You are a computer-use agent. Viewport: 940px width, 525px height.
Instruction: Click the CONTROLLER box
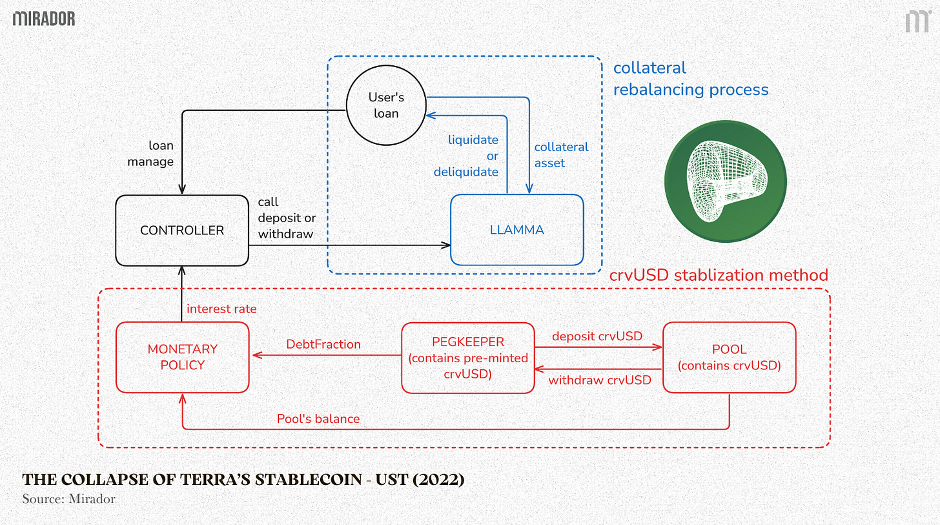tap(182, 230)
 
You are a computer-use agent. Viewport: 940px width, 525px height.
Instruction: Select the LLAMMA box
tap(516, 230)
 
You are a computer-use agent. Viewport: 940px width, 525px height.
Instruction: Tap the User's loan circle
tap(386, 105)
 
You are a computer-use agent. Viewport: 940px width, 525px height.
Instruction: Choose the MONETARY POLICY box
tap(182, 357)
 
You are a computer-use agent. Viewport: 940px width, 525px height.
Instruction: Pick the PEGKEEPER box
tap(468, 357)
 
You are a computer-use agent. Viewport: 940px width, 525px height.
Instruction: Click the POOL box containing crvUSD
tap(729, 357)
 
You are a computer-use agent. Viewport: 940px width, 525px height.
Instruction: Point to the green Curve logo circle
tap(726, 181)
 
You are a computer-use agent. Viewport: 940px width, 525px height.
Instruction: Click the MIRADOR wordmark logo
tap(44, 19)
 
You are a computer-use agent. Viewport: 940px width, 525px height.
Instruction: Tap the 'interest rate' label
tap(221, 309)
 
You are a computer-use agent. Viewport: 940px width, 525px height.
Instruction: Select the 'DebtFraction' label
tap(323, 344)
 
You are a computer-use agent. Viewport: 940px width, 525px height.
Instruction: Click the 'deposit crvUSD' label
tap(597, 336)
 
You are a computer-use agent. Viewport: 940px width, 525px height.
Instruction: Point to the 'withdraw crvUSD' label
tap(600, 380)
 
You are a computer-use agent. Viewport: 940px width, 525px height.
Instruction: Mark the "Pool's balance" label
tap(318, 419)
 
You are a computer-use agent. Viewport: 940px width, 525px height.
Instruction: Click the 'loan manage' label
tap(150, 154)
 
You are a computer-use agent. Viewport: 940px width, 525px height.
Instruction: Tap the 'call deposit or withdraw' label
tap(287, 218)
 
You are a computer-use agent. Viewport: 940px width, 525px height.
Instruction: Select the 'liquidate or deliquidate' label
tap(466, 156)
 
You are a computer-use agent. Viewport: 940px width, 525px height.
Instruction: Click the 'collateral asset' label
tap(561, 155)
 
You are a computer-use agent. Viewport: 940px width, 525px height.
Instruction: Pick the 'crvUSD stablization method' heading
tap(719, 276)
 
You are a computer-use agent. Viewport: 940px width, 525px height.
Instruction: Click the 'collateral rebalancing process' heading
tap(690, 79)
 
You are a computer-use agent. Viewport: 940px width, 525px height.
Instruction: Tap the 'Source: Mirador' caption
tap(68, 499)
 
